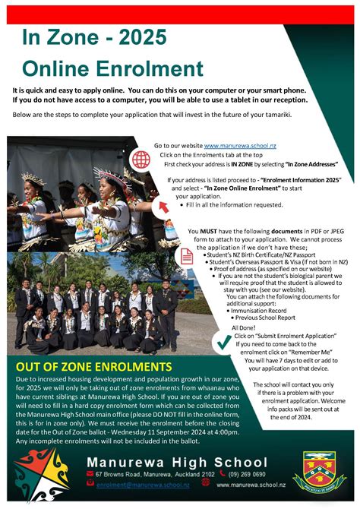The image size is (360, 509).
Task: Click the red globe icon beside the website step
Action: pyautogui.click(x=141, y=159)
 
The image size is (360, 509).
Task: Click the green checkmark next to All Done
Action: pyautogui.click(x=223, y=343)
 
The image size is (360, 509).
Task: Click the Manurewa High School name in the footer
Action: pyautogui.click(x=176, y=462)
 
